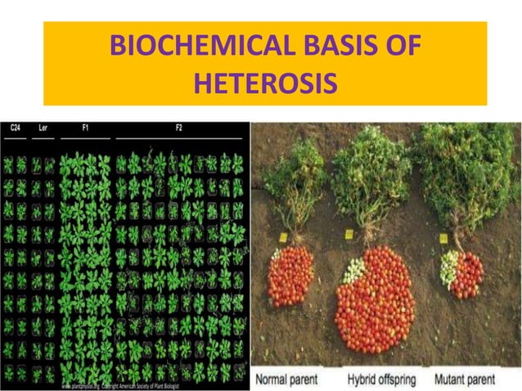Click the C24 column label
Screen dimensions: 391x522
pos(15,128)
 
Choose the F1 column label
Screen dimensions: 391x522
pos(86,128)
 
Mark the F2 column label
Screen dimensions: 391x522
pos(180,128)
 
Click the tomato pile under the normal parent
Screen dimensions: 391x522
pos(290,276)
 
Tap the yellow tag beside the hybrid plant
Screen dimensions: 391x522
pos(348,235)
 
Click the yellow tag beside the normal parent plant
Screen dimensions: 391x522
pos(282,237)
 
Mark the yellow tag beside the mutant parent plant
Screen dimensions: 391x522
pos(443,239)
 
